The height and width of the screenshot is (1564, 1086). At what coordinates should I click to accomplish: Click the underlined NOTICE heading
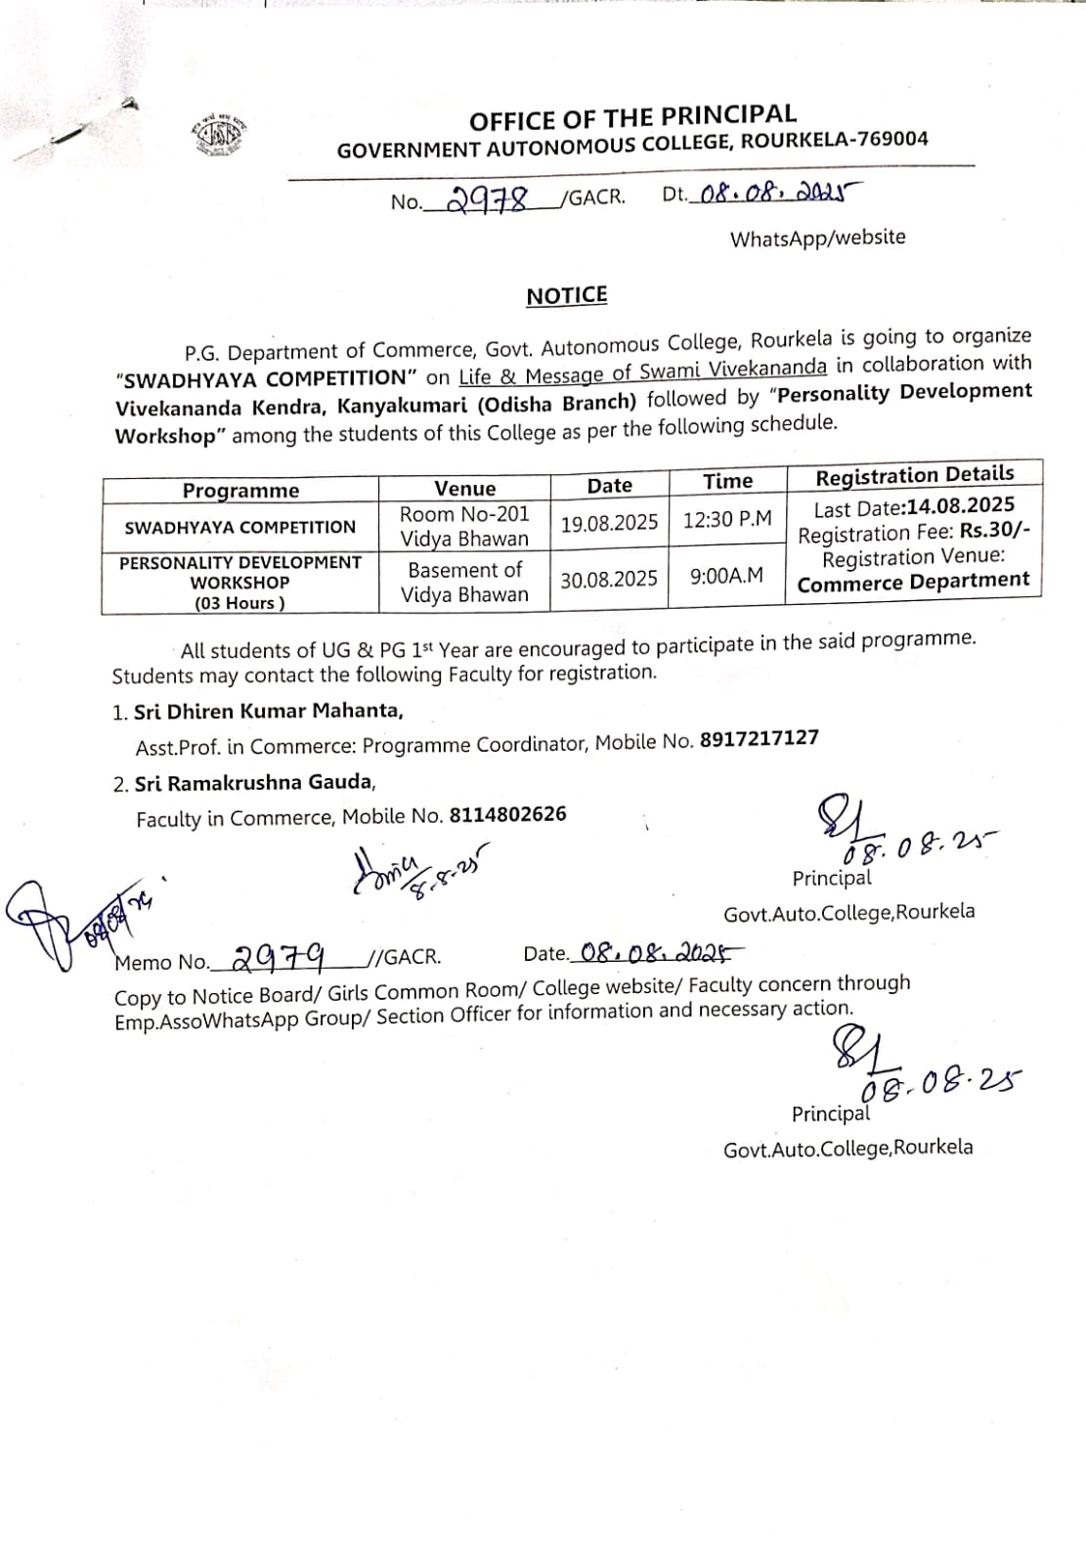pyautogui.click(x=567, y=295)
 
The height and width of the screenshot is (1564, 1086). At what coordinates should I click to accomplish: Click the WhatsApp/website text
pyautogui.click(x=817, y=238)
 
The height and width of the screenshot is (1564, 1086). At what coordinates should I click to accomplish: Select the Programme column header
pyautogui.click(x=240, y=491)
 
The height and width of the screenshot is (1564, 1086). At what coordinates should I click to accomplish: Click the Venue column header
pyautogui.click(x=465, y=488)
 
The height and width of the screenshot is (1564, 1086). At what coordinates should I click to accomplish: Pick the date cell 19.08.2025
pyautogui.click(x=609, y=523)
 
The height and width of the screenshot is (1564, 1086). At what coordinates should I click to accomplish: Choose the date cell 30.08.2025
pyautogui.click(x=609, y=580)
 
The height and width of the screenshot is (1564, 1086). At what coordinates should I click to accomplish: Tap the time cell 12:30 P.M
pyautogui.click(x=727, y=519)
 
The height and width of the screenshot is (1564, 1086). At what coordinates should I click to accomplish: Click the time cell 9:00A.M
pyautogui.click(x=726, y=576)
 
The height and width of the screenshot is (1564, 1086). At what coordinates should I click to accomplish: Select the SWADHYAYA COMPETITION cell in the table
pyautogui.click(x=240, y=528)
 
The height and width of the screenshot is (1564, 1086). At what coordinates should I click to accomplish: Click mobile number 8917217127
pyautogui.click(x=760, y=739)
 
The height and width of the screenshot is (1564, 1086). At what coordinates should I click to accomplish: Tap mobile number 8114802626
pyautogui.click(x=507, y=814)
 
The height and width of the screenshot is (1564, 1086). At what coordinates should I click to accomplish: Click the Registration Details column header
pyautogui.click(x=915, y=475)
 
